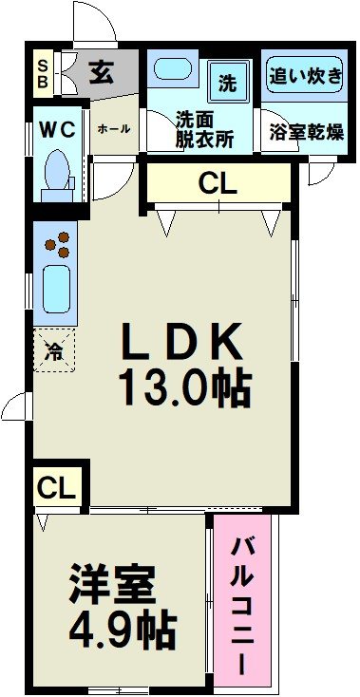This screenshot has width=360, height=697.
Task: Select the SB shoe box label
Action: (x=42, y=72)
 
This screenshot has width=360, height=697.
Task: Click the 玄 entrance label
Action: (x=101, y=72)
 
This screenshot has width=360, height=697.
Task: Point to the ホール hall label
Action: (x=114, y=128)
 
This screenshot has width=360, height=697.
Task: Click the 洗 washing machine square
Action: (x=229, y=82)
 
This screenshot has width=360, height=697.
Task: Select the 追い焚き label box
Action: (x=305, y=75)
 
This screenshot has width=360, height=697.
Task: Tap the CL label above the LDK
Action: (x=218, y=184)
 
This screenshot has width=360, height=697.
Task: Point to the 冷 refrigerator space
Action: (x=55, y=350)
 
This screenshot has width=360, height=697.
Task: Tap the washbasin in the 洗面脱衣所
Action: (x=174, y=70)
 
